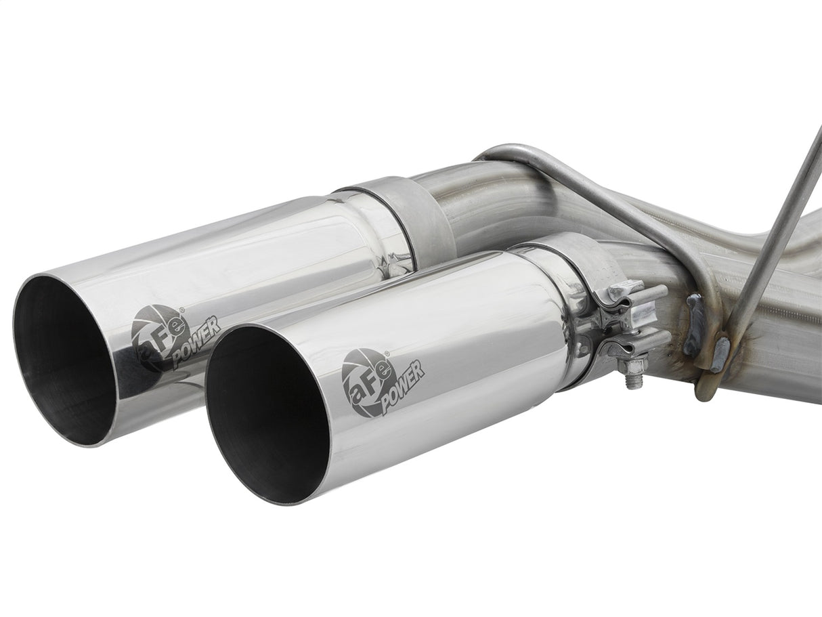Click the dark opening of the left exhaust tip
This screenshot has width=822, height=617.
[64, 359]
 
